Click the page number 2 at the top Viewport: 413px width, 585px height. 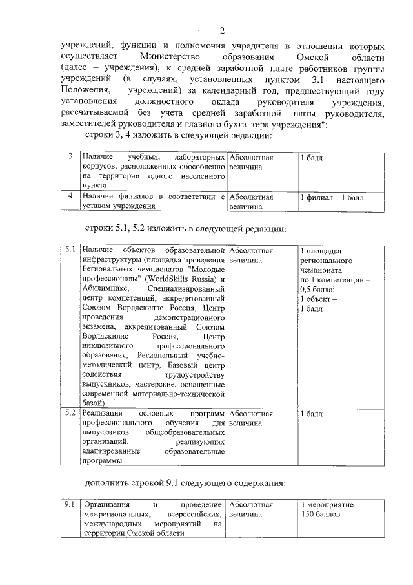click(221, 30)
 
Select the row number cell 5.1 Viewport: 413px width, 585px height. click(70, 250)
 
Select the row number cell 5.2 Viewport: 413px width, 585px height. click(70, 412)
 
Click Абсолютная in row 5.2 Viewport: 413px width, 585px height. click(251, 412)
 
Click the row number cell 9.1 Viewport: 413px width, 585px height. click(70, 504)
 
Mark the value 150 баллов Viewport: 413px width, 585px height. click(321, 514)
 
